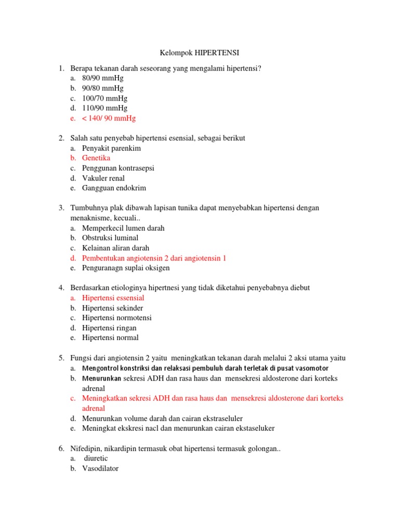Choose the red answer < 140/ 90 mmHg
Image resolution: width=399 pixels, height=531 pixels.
coord(109,118)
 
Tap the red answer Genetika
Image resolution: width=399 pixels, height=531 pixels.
coord(96,158)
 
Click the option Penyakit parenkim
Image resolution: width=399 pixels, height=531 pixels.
coord(111,148)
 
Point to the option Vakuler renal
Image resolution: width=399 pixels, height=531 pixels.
coord(103,178)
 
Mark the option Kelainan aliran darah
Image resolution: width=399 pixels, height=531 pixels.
coord(115,248)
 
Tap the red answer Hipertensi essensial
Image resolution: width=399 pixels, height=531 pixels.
coord(113,298)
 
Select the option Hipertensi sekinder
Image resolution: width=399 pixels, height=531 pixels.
coord(113,308)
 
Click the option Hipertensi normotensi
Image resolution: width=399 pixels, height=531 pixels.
coord(117,318)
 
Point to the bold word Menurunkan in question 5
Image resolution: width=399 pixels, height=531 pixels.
coord(101,379)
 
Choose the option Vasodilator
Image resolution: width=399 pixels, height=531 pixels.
coord(100,468)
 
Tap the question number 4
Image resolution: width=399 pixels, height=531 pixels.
coord(61,288)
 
